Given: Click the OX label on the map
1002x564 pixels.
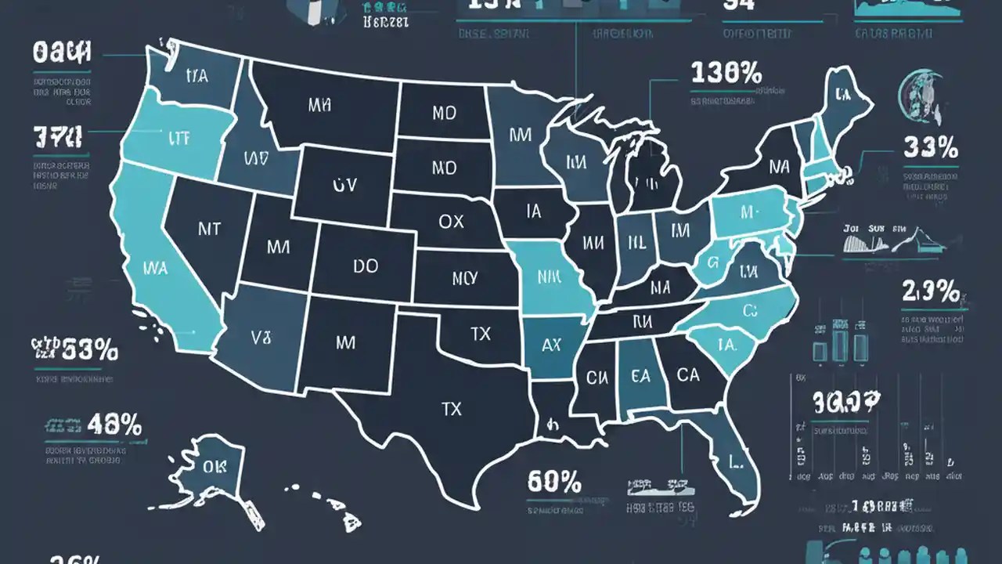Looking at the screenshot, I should point(451,222).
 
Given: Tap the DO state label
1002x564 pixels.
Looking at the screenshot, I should point(365,266).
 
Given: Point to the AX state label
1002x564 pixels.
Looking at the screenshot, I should point(551,345).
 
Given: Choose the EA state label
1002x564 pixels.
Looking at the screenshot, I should point(640,376).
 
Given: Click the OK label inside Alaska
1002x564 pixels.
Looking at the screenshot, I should point(213,467).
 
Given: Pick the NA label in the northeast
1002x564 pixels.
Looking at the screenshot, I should point(779,166).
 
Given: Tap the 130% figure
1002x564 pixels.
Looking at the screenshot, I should point(726,74).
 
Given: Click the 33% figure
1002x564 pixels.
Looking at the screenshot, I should point(931,146).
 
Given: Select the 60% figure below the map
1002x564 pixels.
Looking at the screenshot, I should point(553,480).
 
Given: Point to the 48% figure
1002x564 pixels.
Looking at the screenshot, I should point(114,425).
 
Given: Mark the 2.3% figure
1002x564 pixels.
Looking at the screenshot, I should point(931,292).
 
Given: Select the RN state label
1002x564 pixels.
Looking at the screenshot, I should point(642,320).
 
